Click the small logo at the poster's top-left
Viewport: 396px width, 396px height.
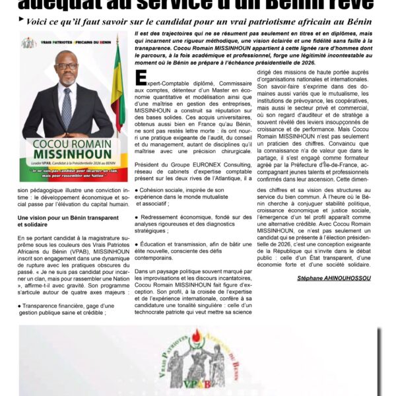coord(28,43)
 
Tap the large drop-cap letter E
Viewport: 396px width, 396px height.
coord(140,78)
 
